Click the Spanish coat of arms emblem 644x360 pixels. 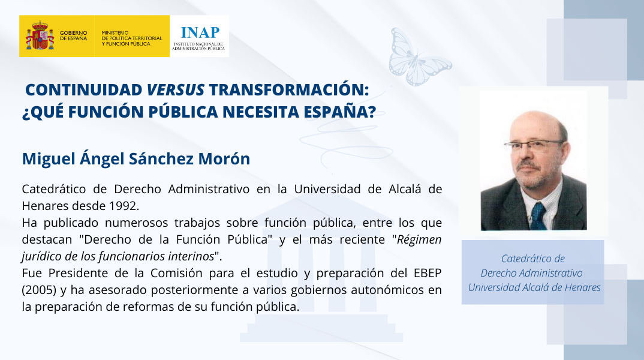pos(40,36)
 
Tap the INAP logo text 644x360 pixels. pos(200,32)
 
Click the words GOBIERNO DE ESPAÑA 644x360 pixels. pos(74,35)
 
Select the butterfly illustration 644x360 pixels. pos(420,57)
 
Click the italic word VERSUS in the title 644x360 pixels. pos(176,89)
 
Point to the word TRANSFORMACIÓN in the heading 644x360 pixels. pos(289,89)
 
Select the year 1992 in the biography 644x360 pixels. pos(125,205)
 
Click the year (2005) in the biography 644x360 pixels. pos(39,290)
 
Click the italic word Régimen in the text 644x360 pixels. pos(419,240)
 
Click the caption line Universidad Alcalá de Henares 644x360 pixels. pos(534,287)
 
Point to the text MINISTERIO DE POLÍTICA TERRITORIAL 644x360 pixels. pos(132,35)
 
